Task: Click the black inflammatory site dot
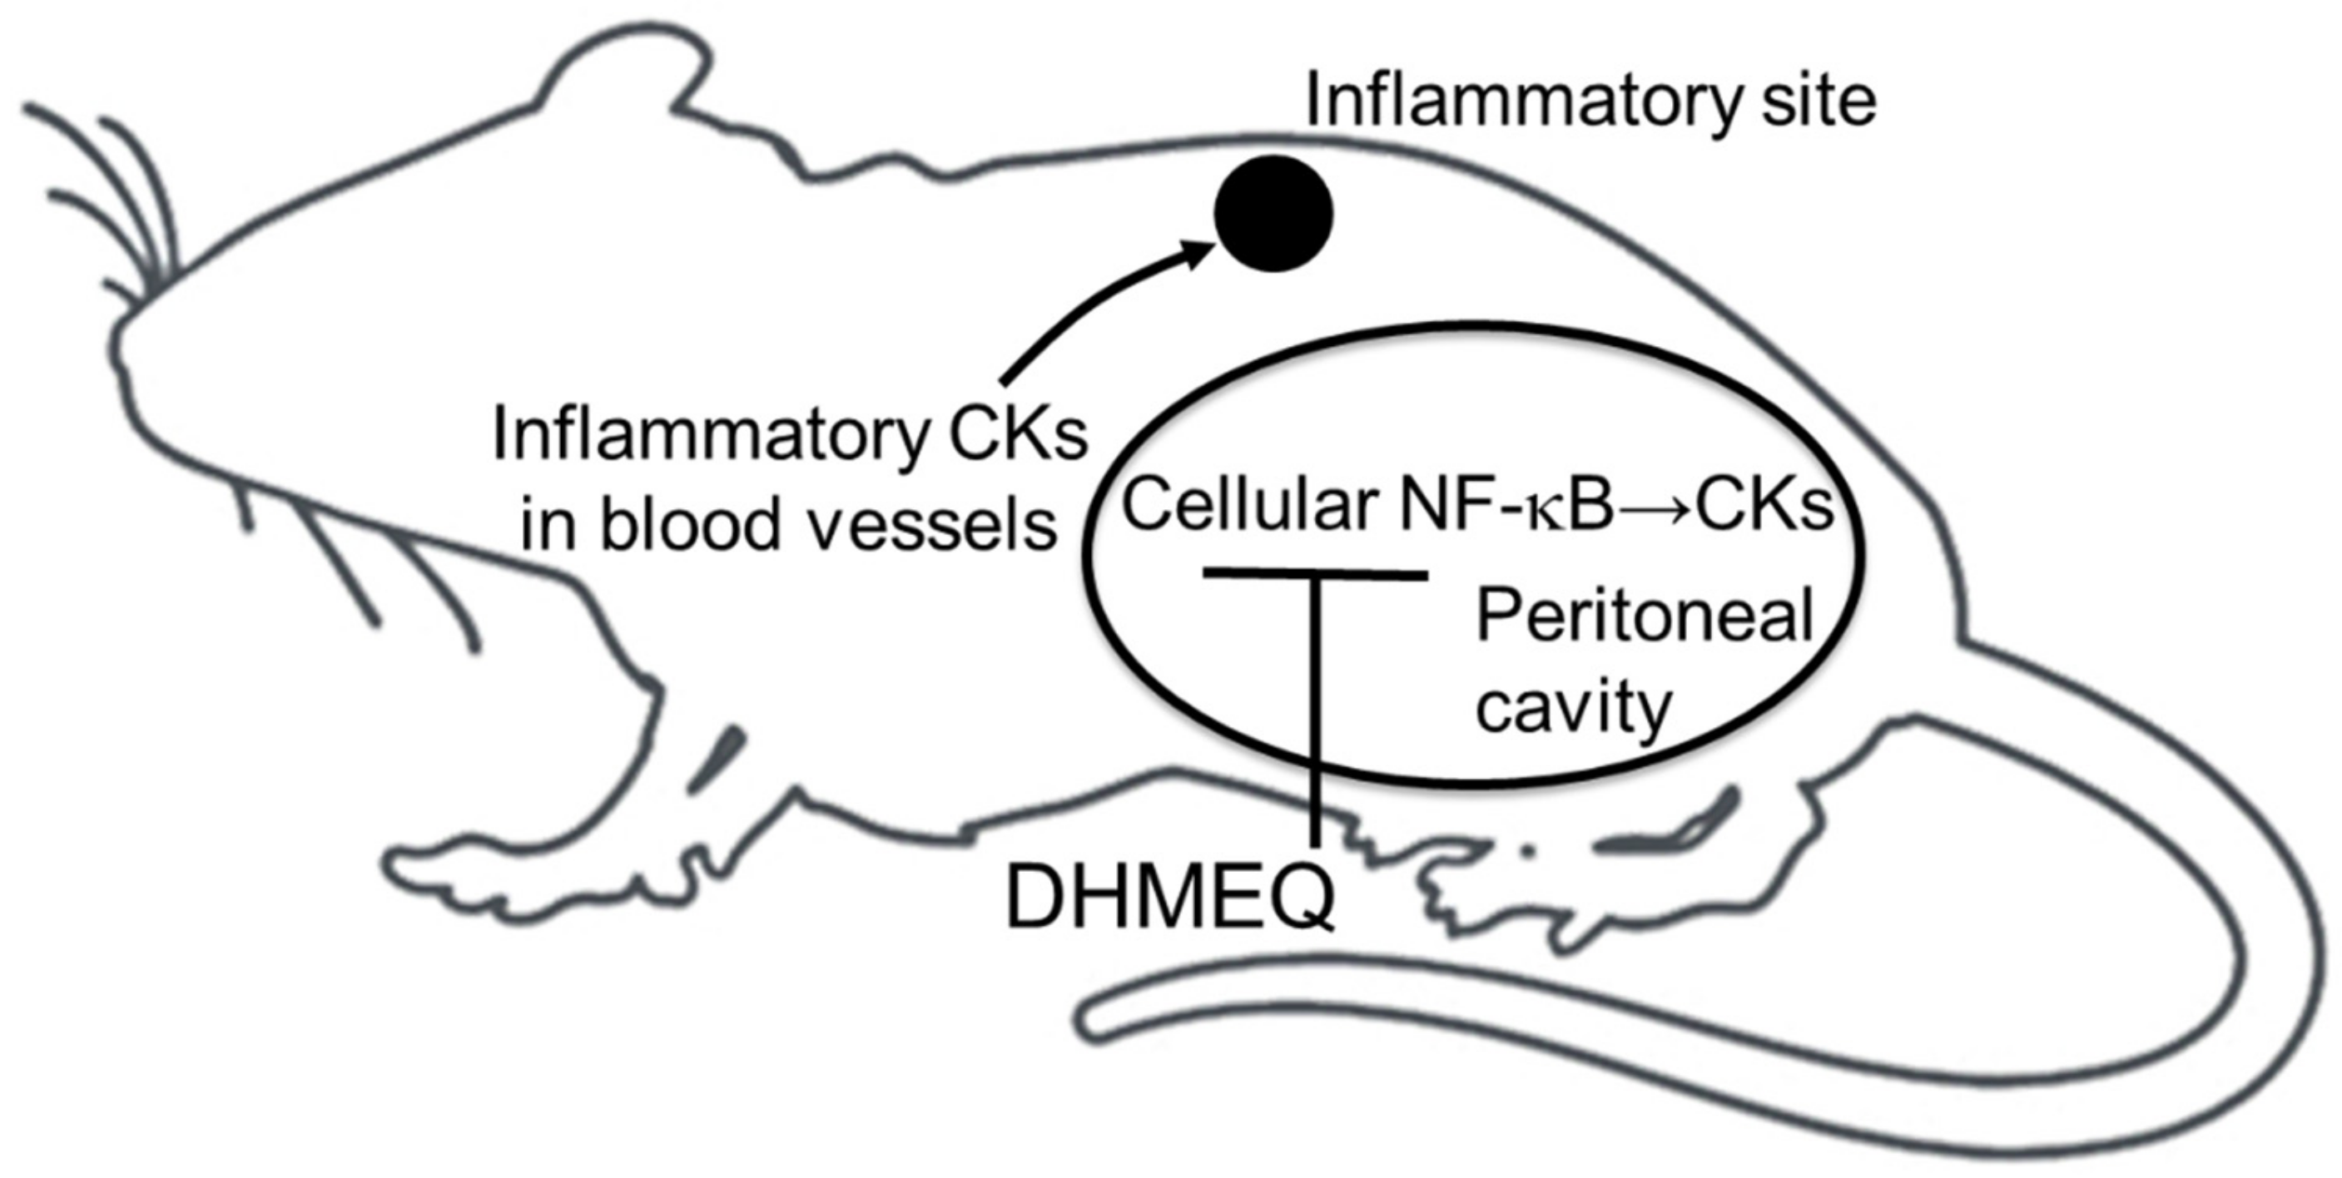pyautogui.click(x=1273, y=213)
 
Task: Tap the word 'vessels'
pyautogui.click(x=933, y=527)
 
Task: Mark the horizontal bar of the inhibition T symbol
pyautogui.click(x=1315, y=573)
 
